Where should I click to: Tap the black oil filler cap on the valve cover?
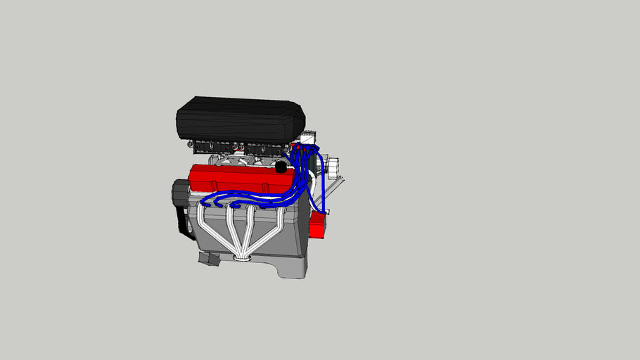(281, 168)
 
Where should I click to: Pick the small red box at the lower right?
(317, 224)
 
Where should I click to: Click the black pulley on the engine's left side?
(180, 193)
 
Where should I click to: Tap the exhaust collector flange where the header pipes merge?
(242, 258)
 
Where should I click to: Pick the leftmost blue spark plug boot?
(204, 205)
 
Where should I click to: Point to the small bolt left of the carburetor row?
(191, 144)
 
